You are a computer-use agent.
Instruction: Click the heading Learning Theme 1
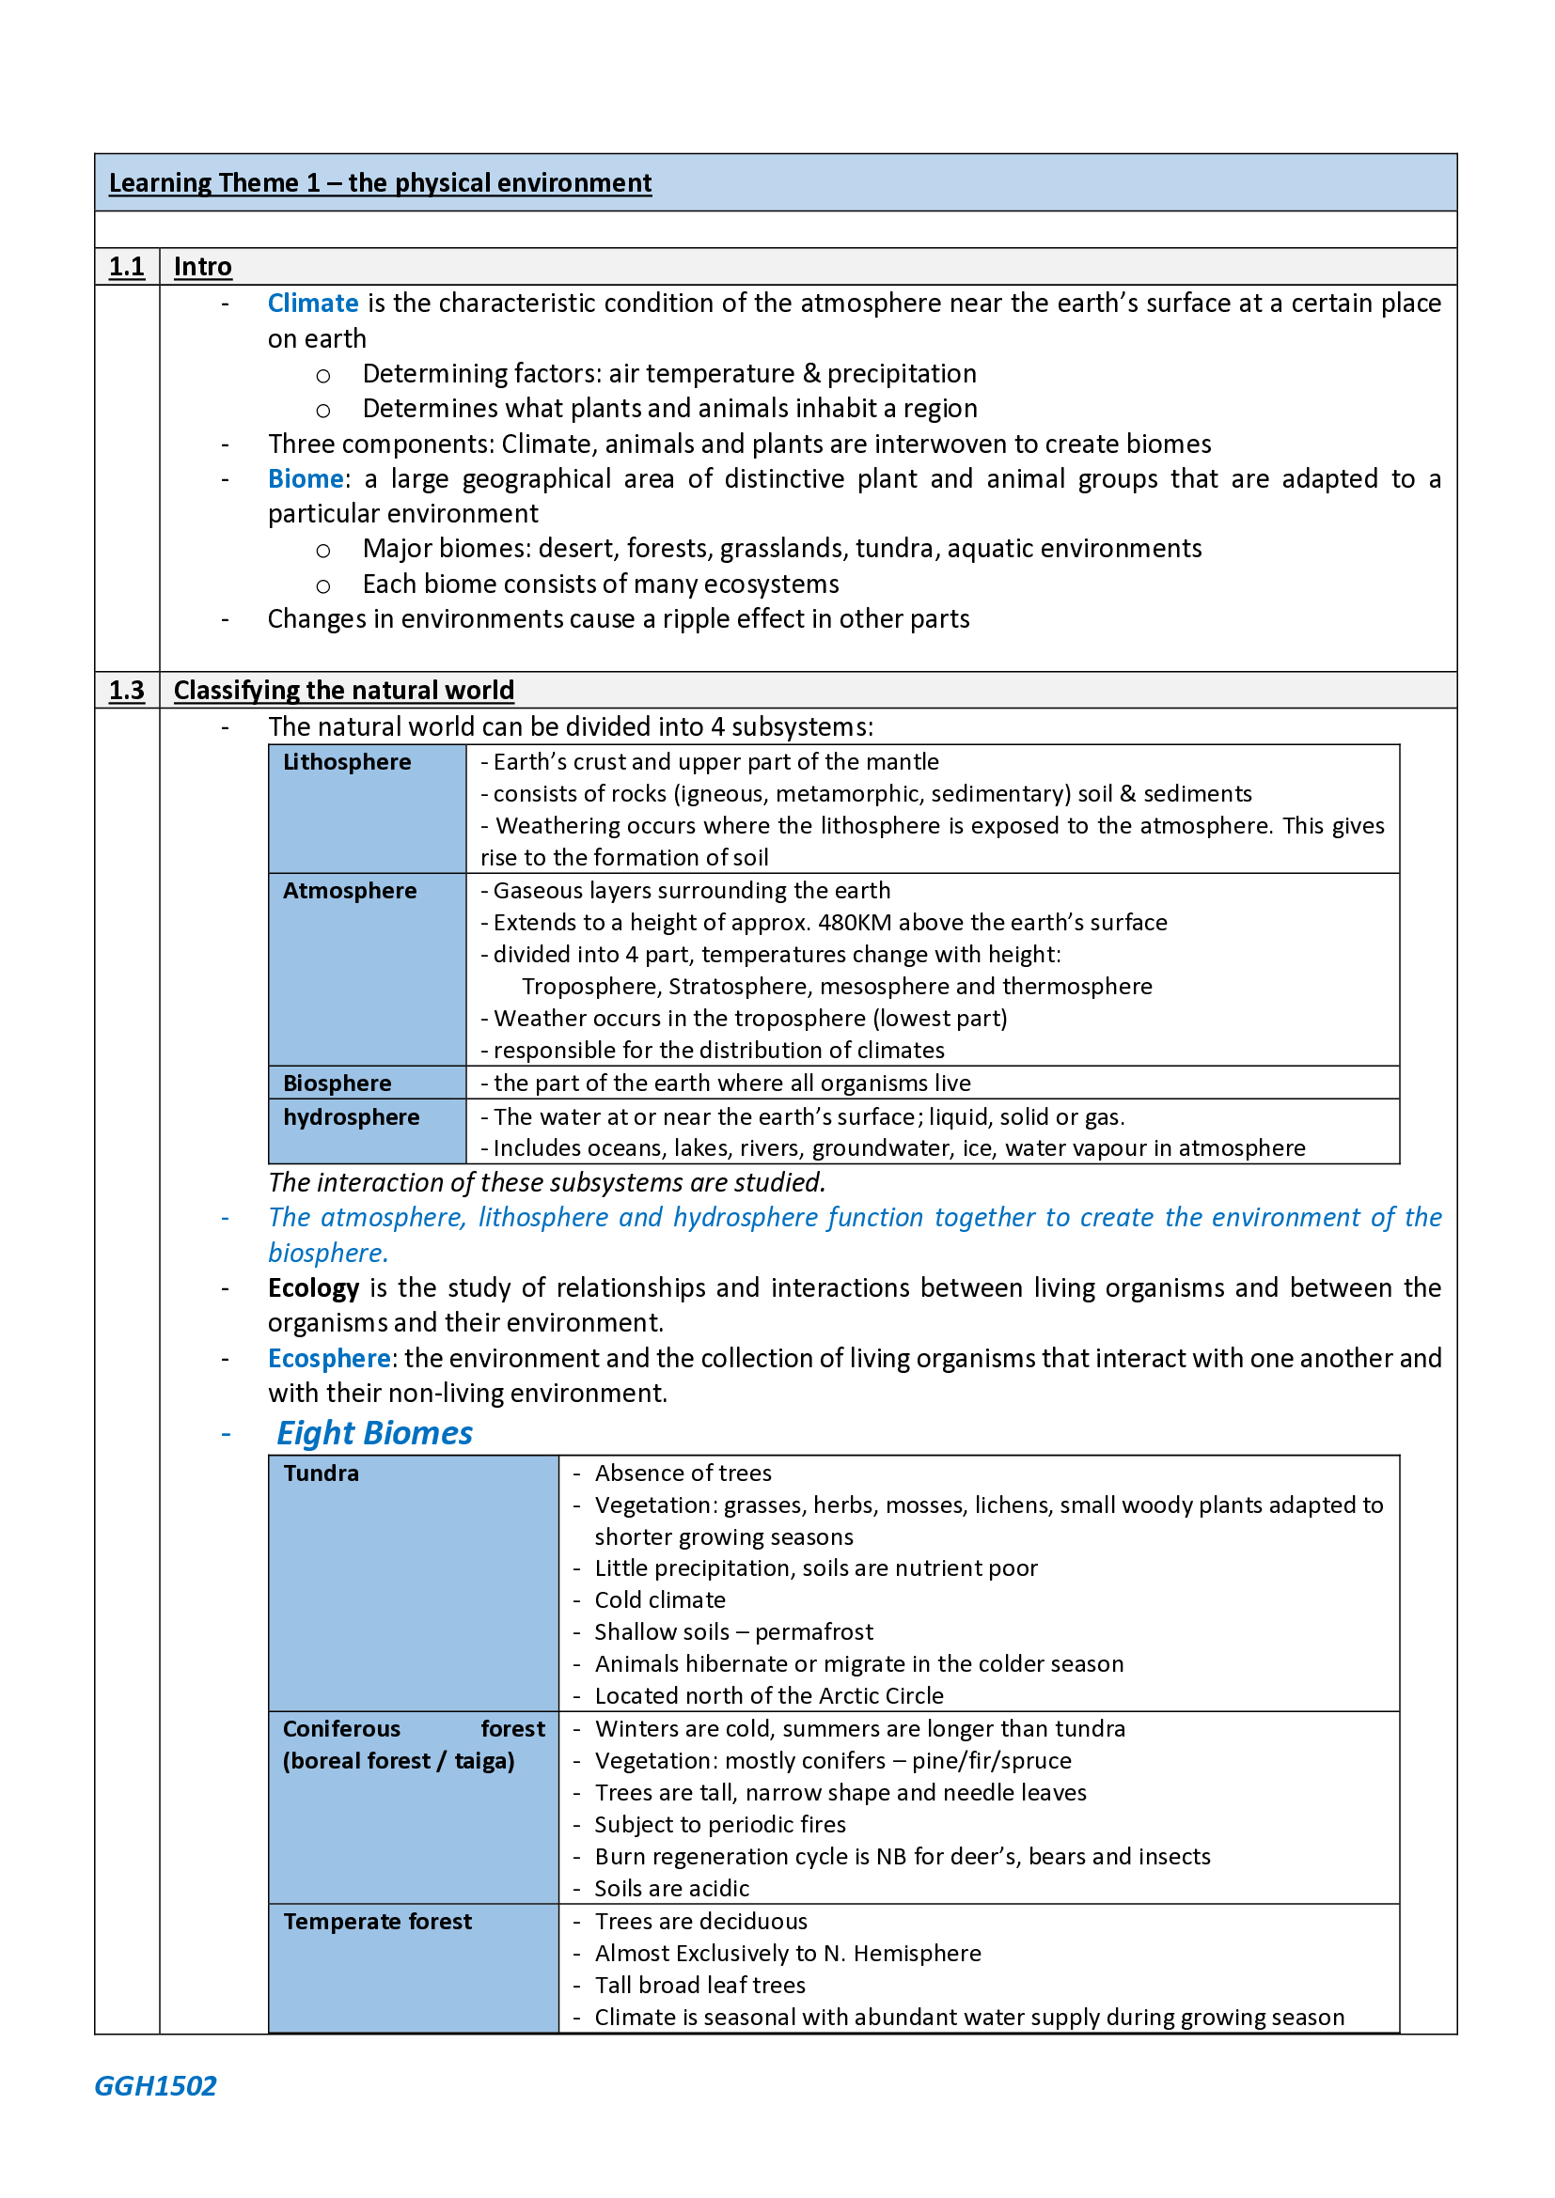[379, 183]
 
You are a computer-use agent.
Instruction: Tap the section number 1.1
[126, 267]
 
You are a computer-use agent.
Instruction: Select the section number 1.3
[126, 691]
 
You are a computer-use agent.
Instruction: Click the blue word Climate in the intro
[312, 304]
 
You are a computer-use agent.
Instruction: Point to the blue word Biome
[306, 478]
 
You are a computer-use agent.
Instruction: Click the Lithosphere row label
[347, 762]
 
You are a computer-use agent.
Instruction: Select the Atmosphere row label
[350, 890]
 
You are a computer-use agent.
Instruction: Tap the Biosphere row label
[338, 1083]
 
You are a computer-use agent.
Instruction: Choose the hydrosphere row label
[351, 1117]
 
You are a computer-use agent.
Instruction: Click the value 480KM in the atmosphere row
[854, 923]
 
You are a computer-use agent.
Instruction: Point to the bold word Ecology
[313, 1288]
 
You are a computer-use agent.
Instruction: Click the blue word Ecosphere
[328, 1359]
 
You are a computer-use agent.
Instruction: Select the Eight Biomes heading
[374, 1433]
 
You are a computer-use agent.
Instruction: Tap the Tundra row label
[321, 1473]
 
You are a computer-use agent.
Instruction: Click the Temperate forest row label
[377, 1922]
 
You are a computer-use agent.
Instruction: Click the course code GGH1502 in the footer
[155, 2086]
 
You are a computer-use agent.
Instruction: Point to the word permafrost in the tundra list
[814, 1632]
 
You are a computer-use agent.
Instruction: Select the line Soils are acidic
[671, 1889]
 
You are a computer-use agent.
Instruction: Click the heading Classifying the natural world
[344, 691]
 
